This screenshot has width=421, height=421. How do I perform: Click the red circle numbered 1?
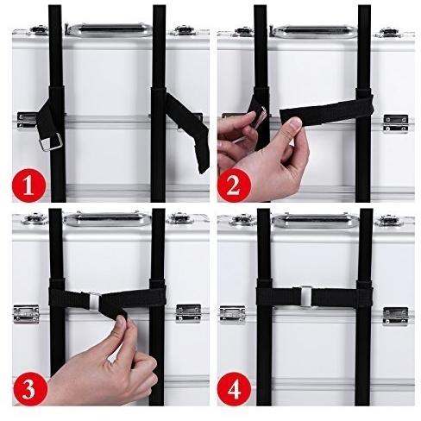(28, 185)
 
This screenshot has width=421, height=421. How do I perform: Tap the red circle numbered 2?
(234, 185)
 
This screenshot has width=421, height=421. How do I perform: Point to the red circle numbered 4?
(235, 389)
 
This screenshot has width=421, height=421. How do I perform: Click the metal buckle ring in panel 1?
(51, 142)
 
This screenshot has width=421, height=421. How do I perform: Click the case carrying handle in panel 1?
(110, 30)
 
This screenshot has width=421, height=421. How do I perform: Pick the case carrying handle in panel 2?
(315, 32)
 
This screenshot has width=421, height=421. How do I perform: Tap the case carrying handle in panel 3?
(107, 220)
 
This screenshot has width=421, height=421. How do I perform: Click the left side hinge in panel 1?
(27, 121)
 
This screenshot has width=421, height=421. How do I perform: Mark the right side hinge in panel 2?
(396, 123)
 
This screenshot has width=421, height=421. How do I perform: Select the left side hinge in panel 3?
(26, 314)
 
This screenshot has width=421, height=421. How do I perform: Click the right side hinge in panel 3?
(188, 313)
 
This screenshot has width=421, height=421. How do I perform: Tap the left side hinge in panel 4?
(233, 314)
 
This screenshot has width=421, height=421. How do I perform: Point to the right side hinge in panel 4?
(395, 316)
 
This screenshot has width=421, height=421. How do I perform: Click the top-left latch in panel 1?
(39, 29)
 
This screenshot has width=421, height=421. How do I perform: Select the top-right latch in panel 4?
(391, 221)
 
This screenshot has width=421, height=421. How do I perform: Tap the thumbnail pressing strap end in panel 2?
(295, 124)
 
